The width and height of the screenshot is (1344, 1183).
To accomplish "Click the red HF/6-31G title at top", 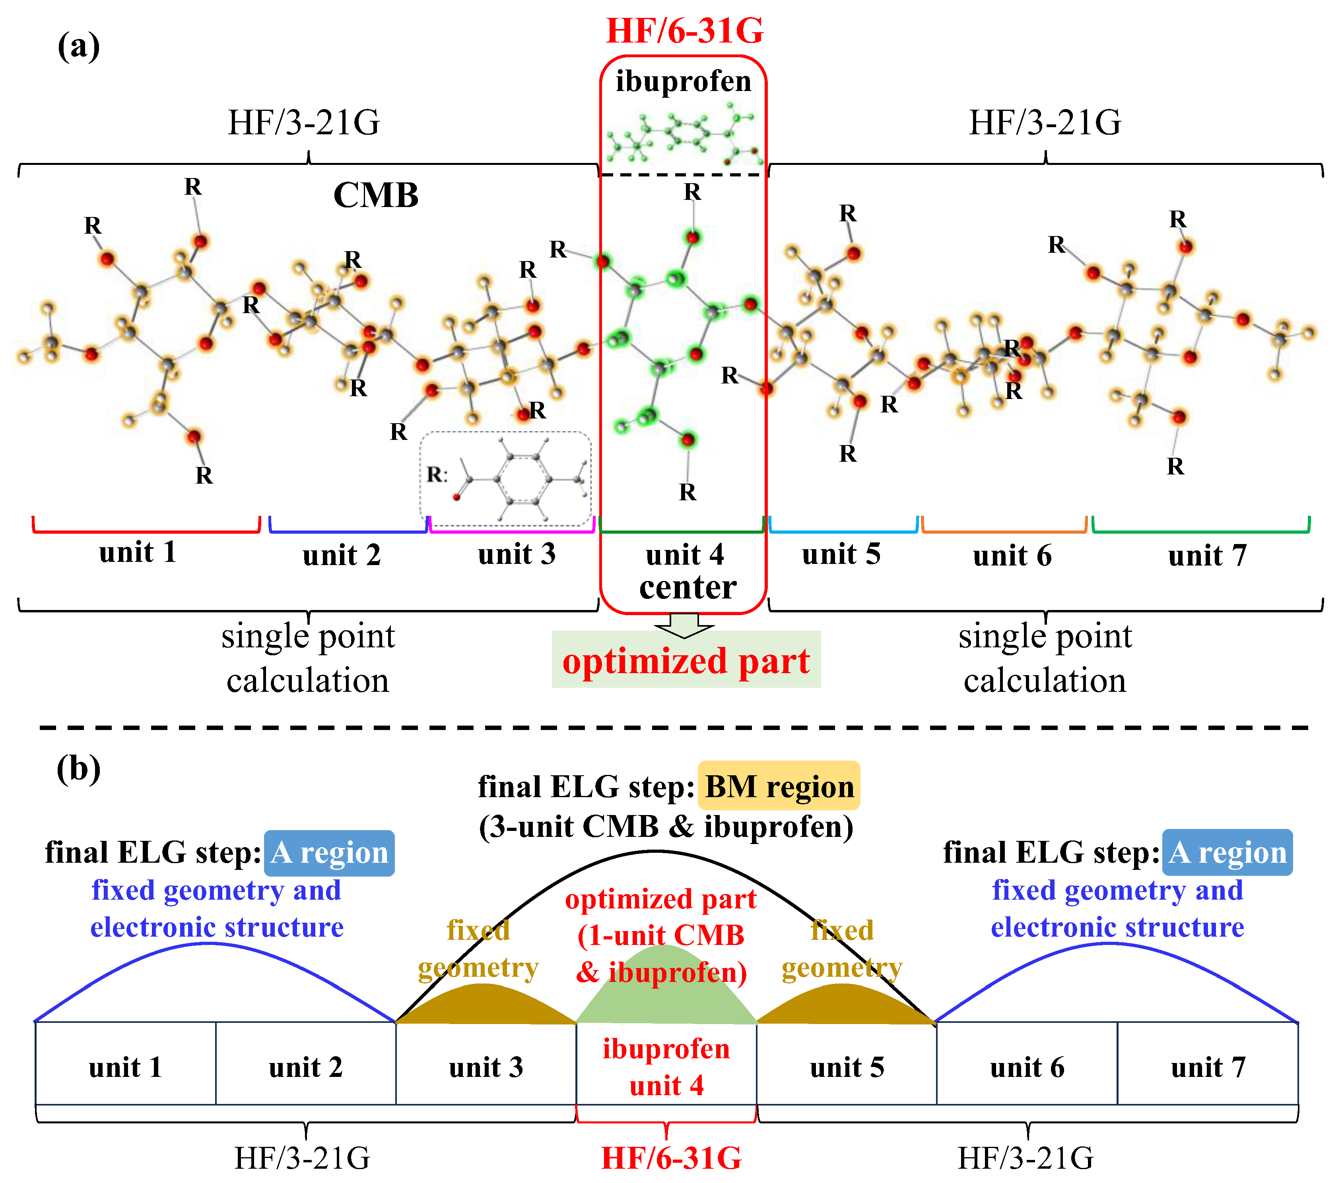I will point(684,31).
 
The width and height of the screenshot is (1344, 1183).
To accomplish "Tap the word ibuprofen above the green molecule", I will point(683,81).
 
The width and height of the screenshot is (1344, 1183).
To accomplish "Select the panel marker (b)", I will point(78,768).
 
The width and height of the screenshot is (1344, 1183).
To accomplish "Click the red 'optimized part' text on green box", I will point(686,661).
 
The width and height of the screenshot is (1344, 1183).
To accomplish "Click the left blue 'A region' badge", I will point(329,853).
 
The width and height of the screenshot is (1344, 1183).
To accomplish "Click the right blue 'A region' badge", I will point(1227,853).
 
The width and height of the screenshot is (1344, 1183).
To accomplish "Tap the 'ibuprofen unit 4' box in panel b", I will point(666,1067).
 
